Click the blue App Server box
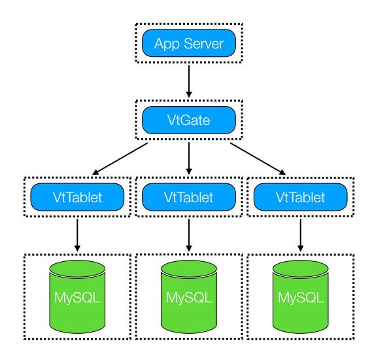coord(189,43)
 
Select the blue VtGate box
coord(189,120)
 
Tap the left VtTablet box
coord(77,197)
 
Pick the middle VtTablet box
coord(189,197)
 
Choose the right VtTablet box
coord(301,197)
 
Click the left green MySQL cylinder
coord(77,297)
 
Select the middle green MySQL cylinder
coord(189,297)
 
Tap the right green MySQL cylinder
coord(301,297)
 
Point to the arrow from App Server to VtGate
coord(189,81)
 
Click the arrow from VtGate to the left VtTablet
coord(120,159)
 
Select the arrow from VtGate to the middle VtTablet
coord(189,158)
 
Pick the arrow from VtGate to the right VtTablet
coord(258,159)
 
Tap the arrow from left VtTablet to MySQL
coord(77,236)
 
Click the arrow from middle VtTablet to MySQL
coord(189,236)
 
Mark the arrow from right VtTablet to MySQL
coord(301,236)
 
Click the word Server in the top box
coord(204,44)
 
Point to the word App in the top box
coord(167,45)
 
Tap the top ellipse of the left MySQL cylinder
coord(77,268)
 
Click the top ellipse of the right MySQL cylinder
coord(301,268)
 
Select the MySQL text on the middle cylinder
coord(189,298)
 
